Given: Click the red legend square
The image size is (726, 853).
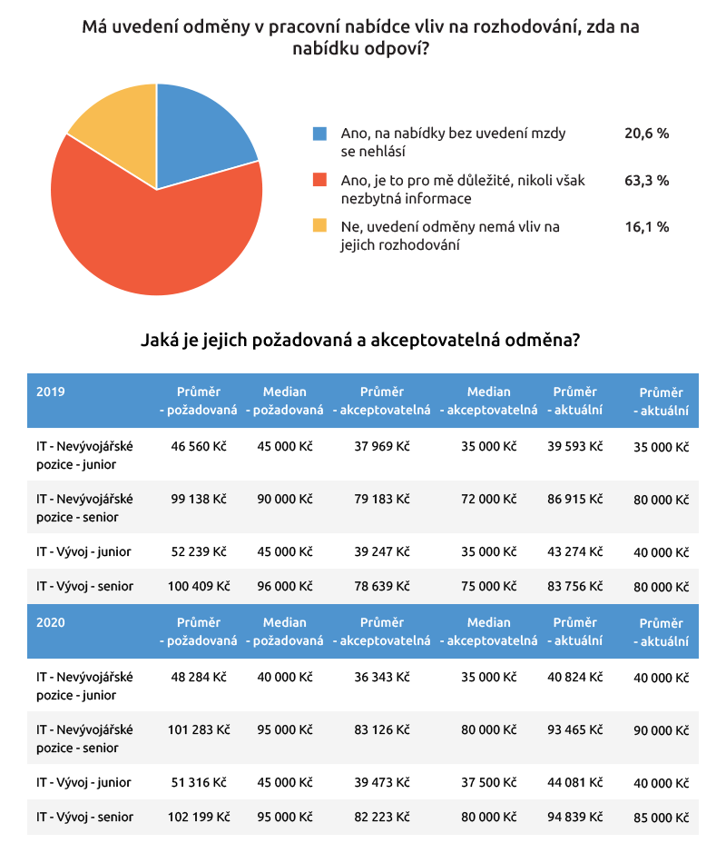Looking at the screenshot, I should (319, 181).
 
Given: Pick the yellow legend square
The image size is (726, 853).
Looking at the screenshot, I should (319, 227).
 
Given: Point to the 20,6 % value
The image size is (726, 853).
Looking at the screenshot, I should (646, 134).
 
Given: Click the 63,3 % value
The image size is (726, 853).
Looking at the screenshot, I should (646, 181).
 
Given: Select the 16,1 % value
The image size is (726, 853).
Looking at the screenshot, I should (646, 227).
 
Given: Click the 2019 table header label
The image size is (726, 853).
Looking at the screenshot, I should (51, 392).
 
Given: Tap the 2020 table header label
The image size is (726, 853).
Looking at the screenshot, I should (51, 623).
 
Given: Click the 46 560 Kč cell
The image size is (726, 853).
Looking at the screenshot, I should (197, 447).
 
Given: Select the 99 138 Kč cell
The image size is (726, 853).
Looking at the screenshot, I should (197, 500).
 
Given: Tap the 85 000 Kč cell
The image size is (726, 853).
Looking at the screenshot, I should (661, 818).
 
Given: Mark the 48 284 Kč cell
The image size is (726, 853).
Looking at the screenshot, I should (197, 678).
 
